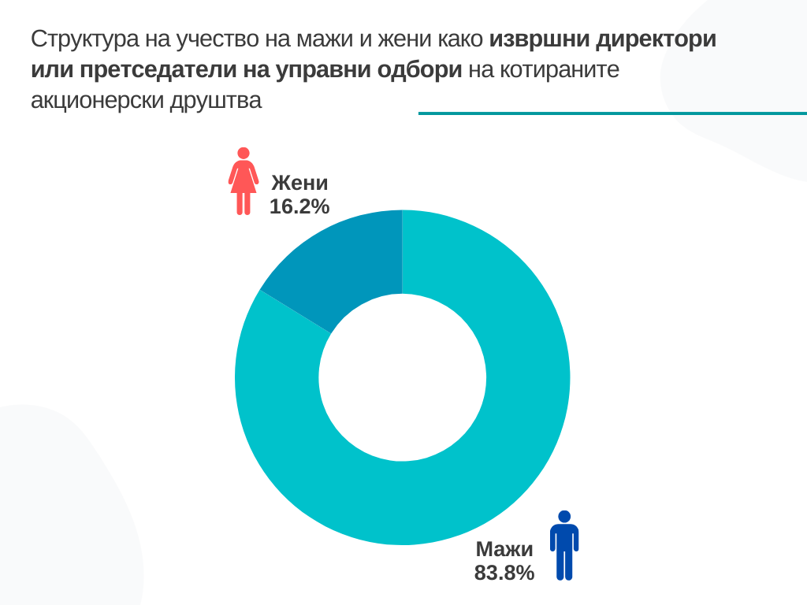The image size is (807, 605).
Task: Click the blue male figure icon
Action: pos(564,545)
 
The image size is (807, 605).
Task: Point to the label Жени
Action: pos(299,184)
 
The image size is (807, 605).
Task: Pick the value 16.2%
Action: pos(299,206)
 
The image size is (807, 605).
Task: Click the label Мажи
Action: pos(504,550)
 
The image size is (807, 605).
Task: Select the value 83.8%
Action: pos(504,573)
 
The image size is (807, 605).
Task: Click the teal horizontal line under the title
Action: pos(612,113)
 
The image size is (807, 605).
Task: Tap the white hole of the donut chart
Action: pos(402,377)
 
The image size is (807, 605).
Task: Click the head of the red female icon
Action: pos(244,153)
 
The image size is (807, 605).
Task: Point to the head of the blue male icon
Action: pos(564,516)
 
